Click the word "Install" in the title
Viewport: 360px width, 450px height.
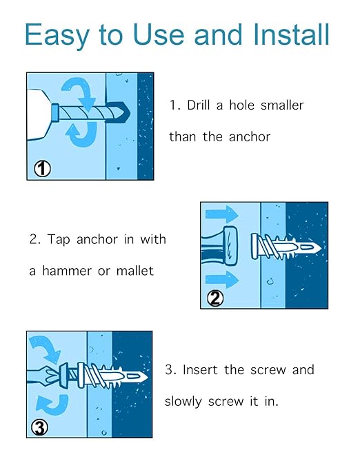[291, 34]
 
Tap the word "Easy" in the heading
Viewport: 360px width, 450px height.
[57, 36]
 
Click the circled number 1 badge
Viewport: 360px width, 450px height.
[43, 169]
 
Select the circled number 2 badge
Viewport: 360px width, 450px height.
[215, 298]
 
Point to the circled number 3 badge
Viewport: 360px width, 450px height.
[39, 428]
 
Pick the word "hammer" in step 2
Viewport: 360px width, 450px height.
[67, 271]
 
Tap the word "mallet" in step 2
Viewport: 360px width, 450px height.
[135, 271]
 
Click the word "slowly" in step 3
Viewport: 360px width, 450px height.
[183, 402]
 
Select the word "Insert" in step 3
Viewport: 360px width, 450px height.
[200, 369]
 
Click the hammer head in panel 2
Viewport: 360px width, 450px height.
[231, 245]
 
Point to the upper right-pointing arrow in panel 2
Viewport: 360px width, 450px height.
[222, 214]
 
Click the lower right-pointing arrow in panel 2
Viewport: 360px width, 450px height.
[222, 280]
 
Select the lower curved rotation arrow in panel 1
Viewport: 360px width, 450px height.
[81, 134]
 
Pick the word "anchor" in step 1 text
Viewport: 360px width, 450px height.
[250, 136]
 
